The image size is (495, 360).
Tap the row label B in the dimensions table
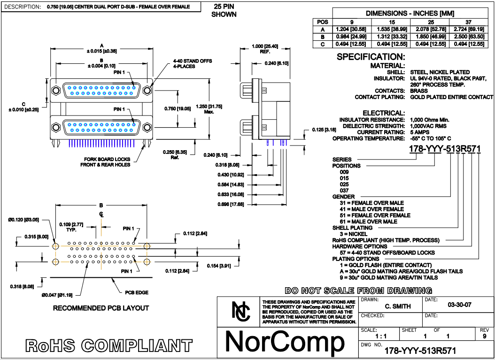pyautogui.click(x=323, y=36)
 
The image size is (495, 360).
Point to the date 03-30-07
pyautogui.click(x=459, y=305)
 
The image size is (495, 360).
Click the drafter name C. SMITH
pyautogui.click(x=397, y=306)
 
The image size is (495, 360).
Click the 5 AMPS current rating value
pyautogui.click(x=420, y=132)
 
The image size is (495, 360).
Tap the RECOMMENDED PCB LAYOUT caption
pyautogui.click(x=101, y=308)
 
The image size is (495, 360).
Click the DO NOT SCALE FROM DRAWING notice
pyautogui.click(x=358, y=291)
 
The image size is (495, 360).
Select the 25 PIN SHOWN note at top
pyautogui.click(x=224, y=11)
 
